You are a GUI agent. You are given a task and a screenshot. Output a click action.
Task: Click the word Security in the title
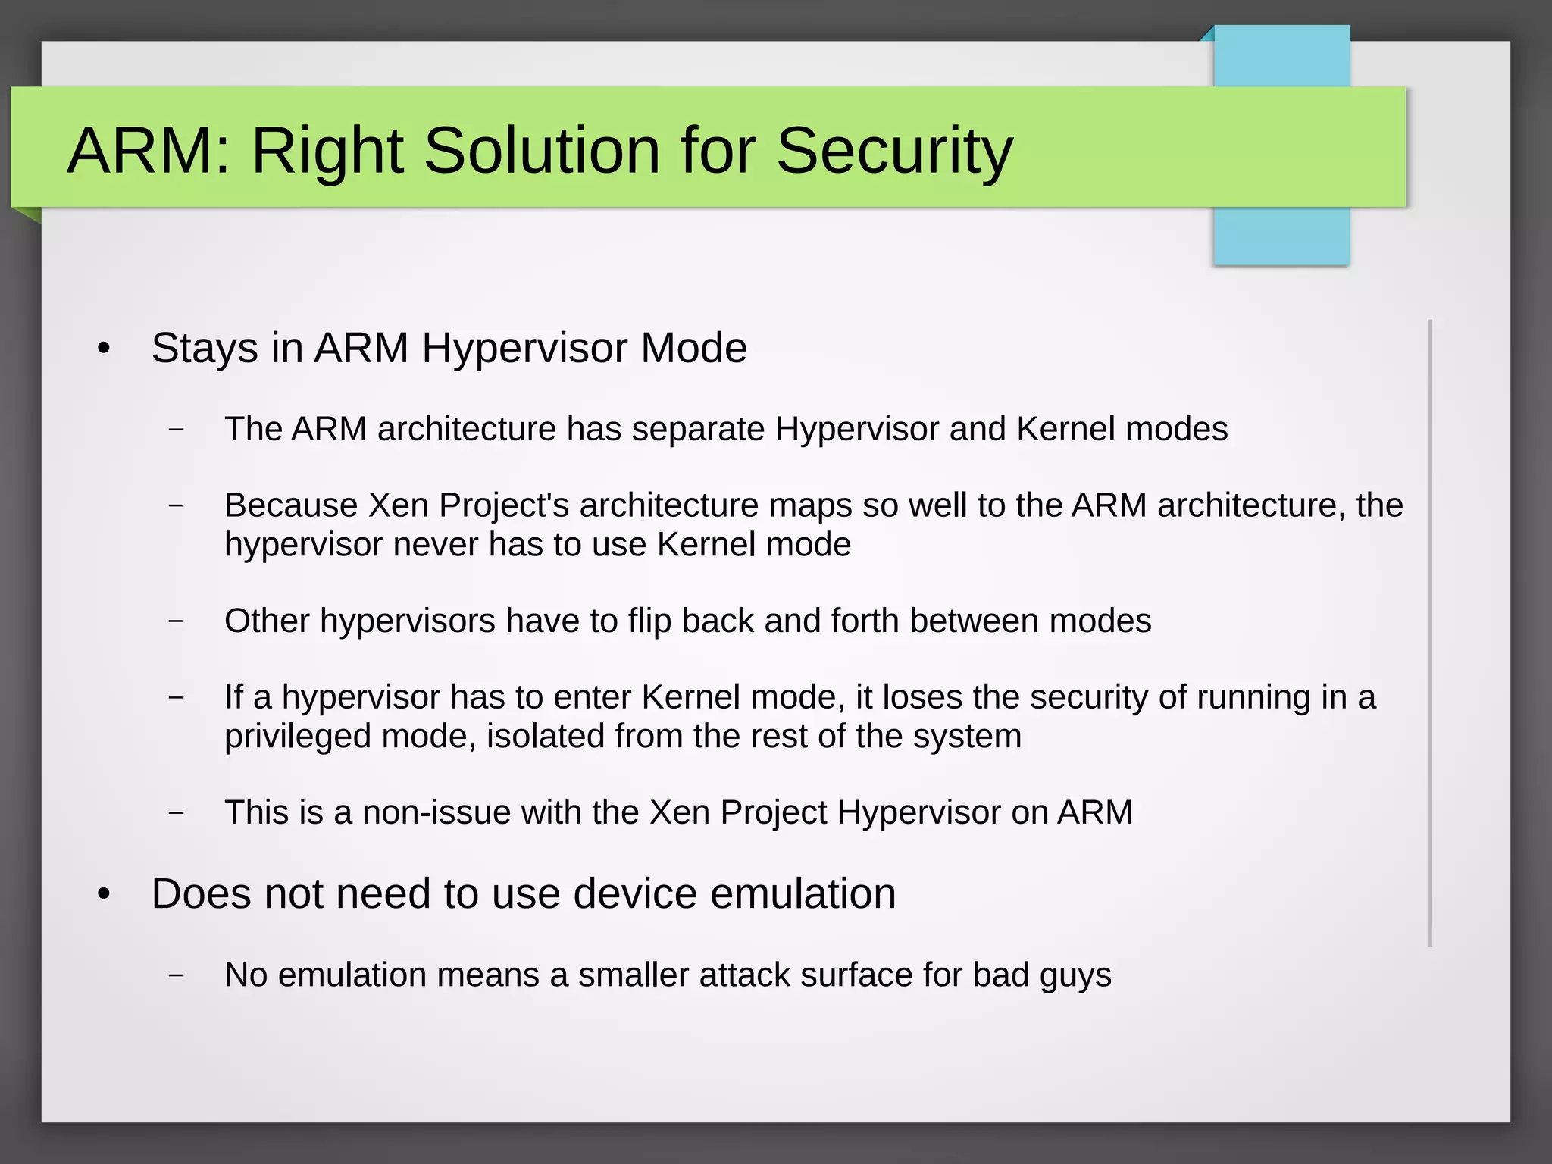(x=894, y=150)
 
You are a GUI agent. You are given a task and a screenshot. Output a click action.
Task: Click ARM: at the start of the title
(x=148, y=150)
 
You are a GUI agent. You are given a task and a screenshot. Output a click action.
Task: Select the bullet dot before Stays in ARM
(x=105, y=349)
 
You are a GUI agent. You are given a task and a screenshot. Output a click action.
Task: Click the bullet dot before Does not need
(x=105, y=895)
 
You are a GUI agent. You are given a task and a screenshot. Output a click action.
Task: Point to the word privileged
(x=298, y=737)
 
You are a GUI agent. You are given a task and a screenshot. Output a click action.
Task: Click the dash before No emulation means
(x=177, y=975)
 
